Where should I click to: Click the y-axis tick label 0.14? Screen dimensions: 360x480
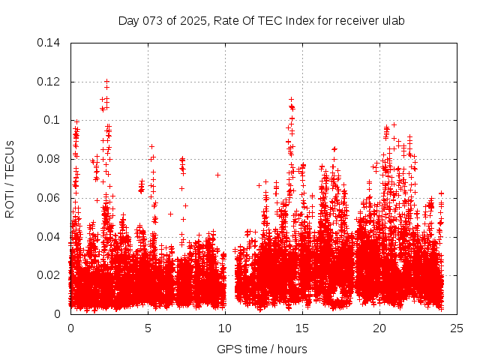[49, 43]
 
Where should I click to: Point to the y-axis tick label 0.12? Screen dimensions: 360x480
[49, 82]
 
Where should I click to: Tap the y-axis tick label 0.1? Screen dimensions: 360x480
[52, 120]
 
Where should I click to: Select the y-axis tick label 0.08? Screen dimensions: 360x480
[49, 159]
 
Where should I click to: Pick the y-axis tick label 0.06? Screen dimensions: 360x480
[49, 198]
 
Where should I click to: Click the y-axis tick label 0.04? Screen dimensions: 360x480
[49, 237]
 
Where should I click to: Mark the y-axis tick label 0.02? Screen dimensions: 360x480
[49, 275]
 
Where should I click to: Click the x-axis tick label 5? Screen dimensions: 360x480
[148, 328]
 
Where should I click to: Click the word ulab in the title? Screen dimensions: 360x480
[394, 20]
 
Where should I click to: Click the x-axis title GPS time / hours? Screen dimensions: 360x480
[262, 349]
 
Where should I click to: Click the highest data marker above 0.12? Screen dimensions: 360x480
[106, 81]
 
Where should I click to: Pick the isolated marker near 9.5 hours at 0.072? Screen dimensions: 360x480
[217, 175]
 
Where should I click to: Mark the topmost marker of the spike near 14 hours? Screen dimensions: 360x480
[290, 99]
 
